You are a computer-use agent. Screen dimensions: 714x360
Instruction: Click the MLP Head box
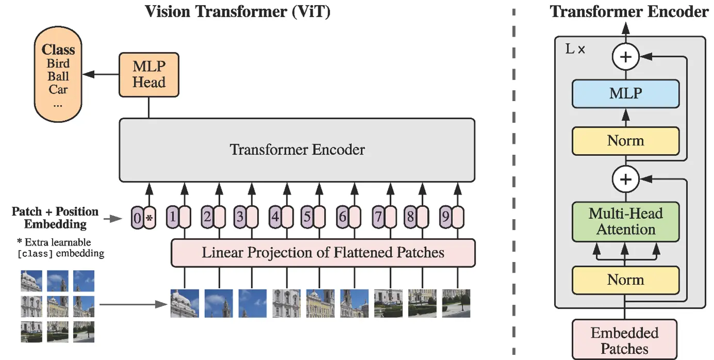click(149, 75)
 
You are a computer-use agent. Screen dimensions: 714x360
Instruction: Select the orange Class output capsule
click(58, 74)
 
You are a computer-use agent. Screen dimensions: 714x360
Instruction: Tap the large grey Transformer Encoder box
click(297, 150)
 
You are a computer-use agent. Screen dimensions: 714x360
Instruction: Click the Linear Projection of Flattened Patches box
click(323, 253)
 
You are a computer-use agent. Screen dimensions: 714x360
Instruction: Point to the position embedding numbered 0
click(137, 218)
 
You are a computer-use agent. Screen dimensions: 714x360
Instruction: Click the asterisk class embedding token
click(150, 218)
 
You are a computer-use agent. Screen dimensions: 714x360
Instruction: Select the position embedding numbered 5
click(307, 217)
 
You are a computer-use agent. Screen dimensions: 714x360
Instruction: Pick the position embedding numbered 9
click(446, 217)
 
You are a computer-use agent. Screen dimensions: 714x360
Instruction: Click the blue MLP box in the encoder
click(626, 94)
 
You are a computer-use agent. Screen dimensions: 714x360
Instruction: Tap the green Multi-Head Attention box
click(626, 222)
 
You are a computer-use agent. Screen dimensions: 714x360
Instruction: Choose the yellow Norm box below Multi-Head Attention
click(626, 280)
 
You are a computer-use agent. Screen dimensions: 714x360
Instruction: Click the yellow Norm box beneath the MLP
click(626, 141)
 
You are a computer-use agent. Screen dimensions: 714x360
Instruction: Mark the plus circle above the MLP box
click(626, 57)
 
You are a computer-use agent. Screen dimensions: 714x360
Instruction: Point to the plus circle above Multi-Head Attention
click(626, 179)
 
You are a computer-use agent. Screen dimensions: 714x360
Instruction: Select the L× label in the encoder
click(575, 50)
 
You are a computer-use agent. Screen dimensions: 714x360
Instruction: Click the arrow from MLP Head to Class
click(101, 75)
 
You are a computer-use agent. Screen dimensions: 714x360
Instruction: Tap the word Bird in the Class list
click(58, 63)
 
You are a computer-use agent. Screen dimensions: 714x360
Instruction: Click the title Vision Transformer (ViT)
click(238, 12)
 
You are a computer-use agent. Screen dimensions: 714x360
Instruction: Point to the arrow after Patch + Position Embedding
click(113, 219)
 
